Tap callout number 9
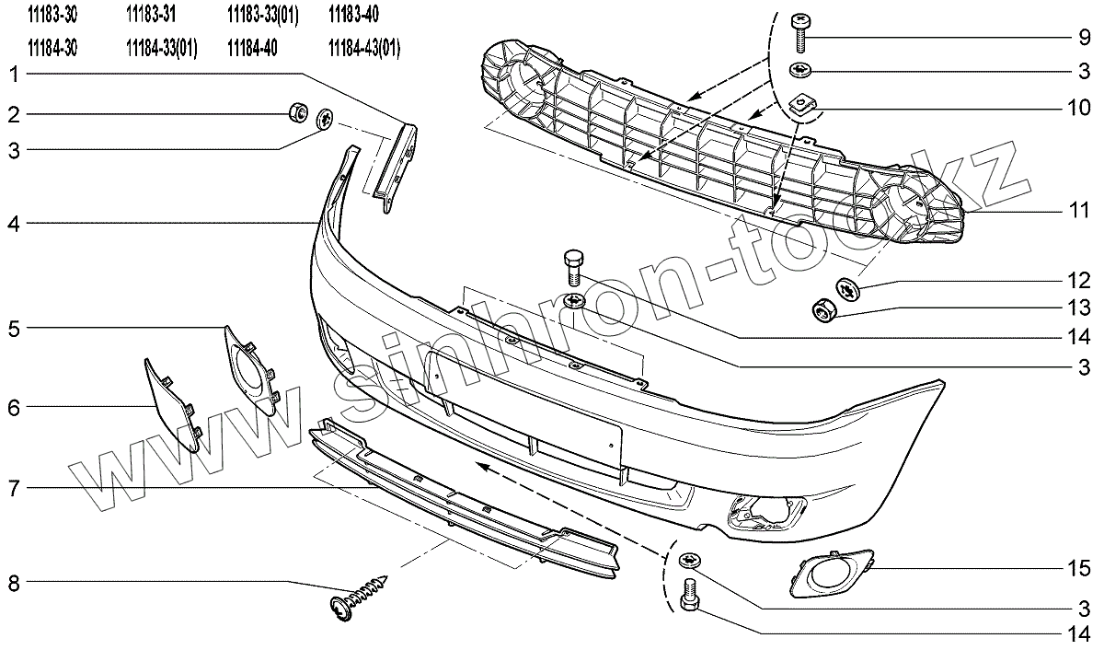[1086, 38]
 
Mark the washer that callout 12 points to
[848, 289]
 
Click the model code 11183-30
[53, 15]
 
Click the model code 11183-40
[352, 15]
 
